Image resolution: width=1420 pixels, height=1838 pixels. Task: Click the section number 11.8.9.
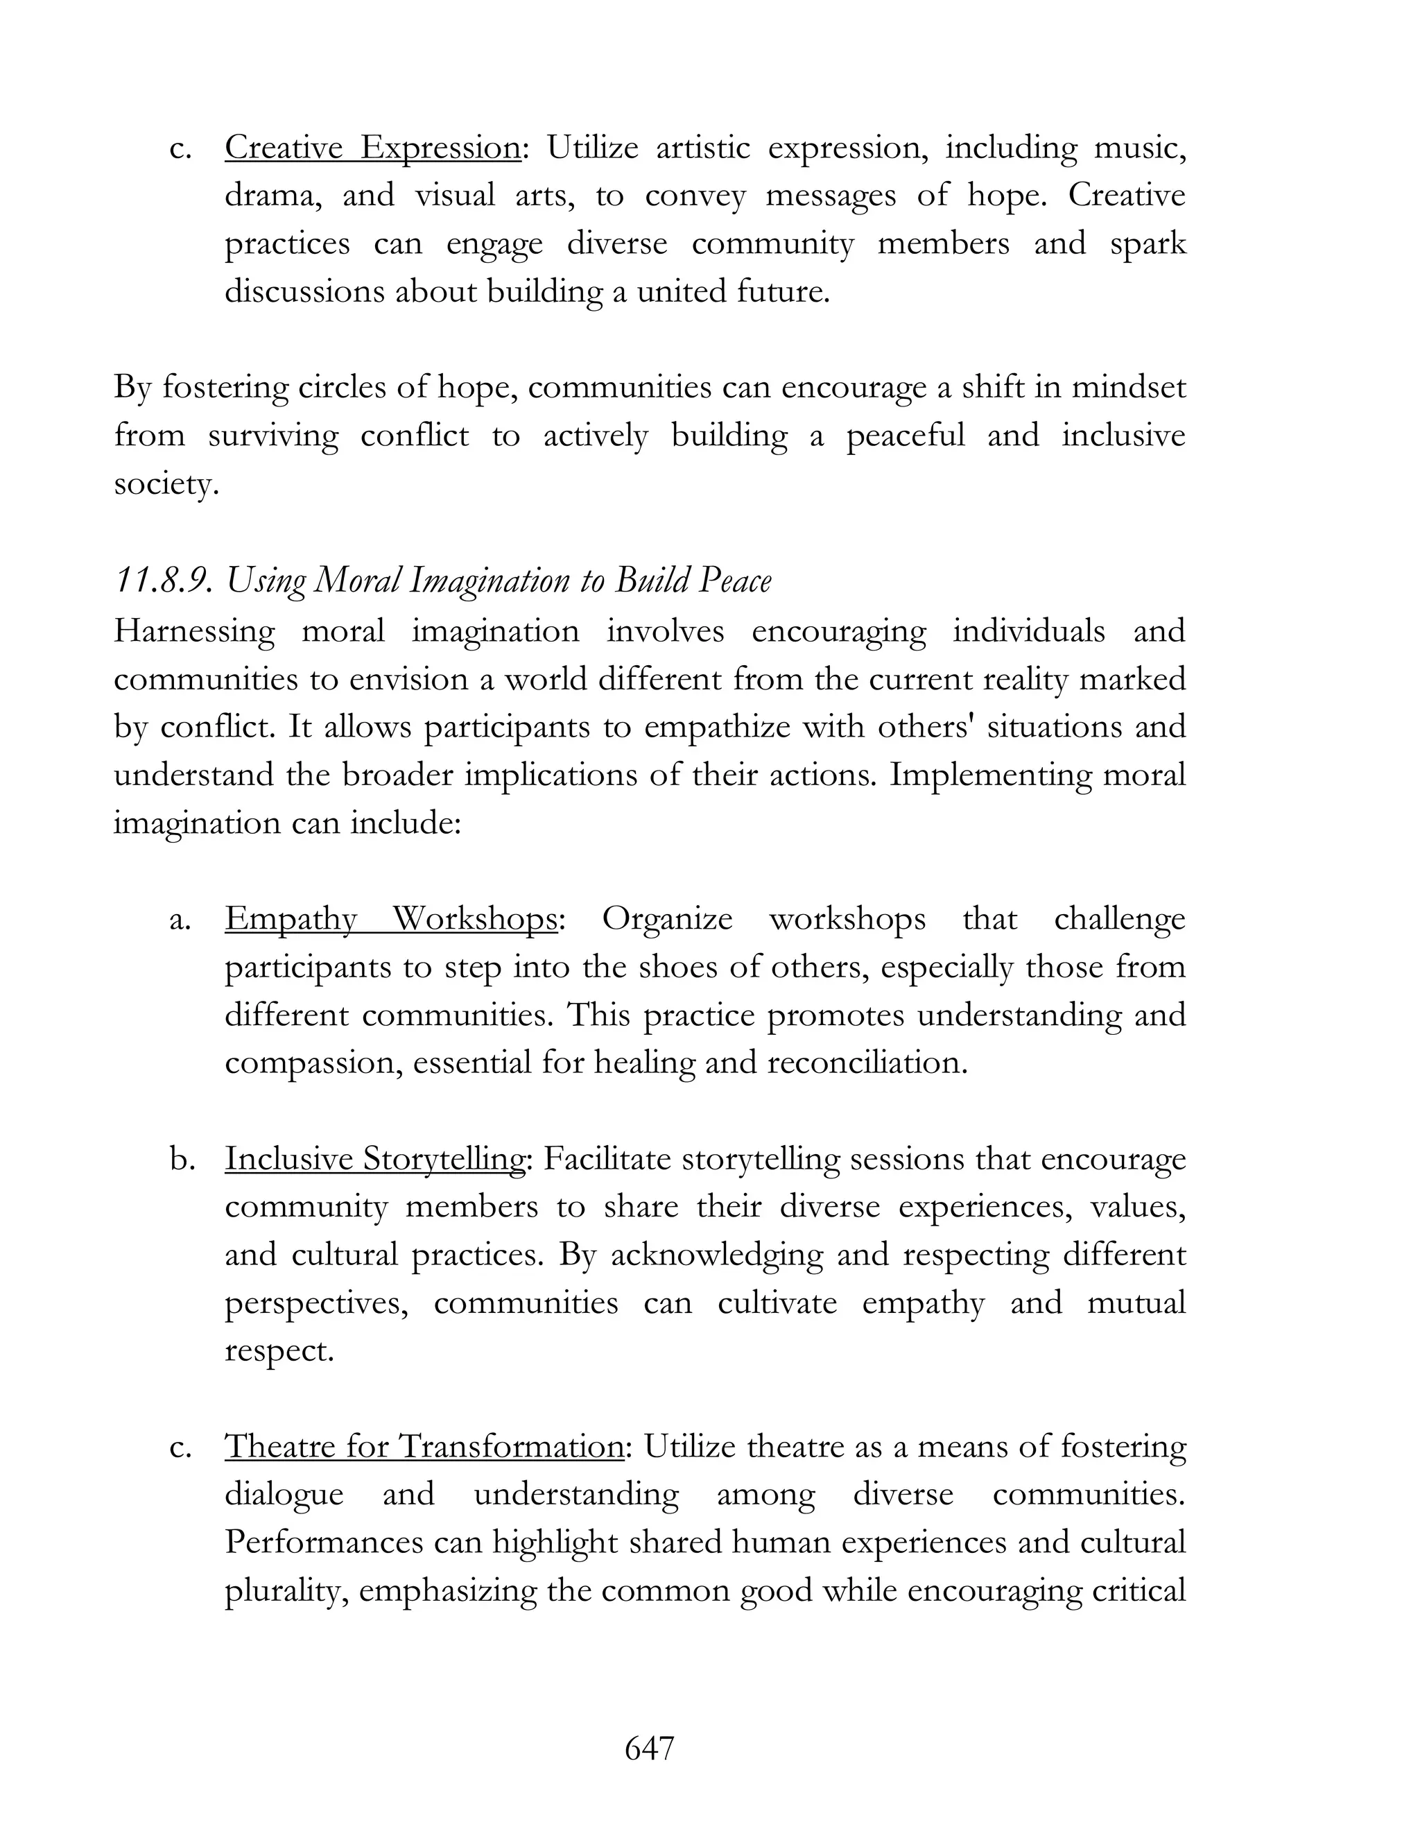pyautogui.click(x=162, y=581)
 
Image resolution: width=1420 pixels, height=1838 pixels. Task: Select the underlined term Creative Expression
pyautogui.click(x=372, y=148)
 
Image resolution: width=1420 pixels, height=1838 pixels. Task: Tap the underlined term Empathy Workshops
pyautogui.click(x=390, y=918)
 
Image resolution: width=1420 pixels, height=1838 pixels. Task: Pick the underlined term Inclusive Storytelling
pyautogui.click(x=375, y=1159)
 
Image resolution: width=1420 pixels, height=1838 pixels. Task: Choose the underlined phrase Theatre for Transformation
pyautogui.click(x=424, y=1447)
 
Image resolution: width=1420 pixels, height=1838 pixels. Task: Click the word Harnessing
pyautogui.click(x=194, y=631)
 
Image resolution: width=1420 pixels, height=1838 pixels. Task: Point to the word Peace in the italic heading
pyautogui.click(x=735, y=581)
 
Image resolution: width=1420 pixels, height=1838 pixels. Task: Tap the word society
pyautogui.click(x=166, y=484)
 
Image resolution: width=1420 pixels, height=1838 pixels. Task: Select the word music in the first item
pyautogui.click(x=1138, y=148)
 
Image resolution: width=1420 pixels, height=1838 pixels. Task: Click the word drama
pyautogui.click(x=272, y=196)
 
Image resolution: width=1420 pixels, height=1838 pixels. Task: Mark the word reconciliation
pyautogui.click(x=867, y=1062)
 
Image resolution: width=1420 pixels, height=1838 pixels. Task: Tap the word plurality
pyautogui.click(x=285, y=1590)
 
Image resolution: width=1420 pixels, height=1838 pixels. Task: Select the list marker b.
pyautogui.click(x=180, y=1159)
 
